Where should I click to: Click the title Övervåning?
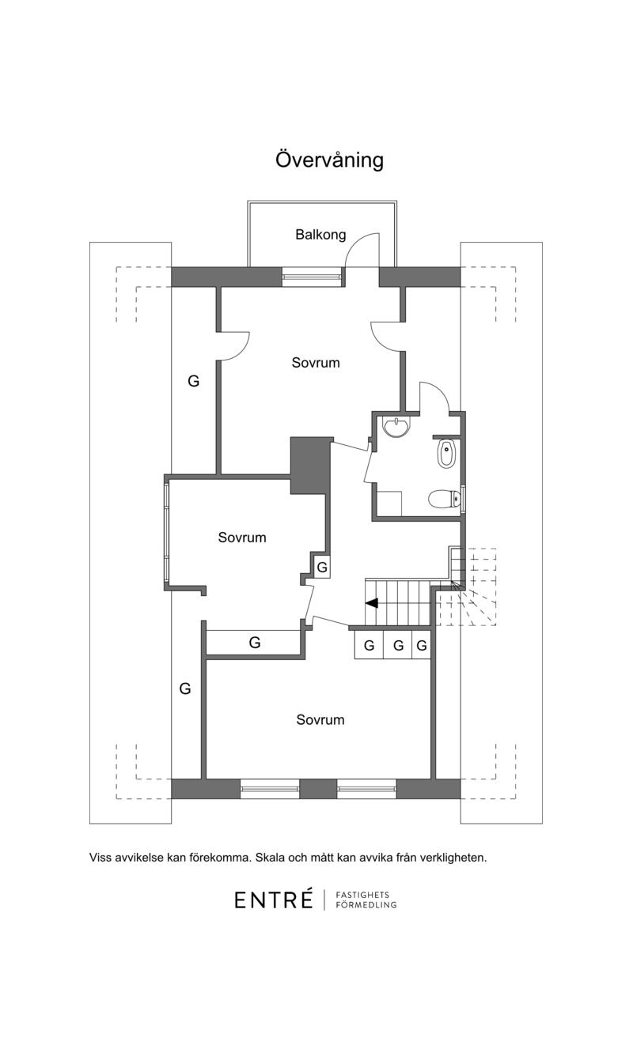tap(329, 160)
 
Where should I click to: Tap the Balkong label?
tap(320, 234)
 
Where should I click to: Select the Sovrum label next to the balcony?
tap(316, 363)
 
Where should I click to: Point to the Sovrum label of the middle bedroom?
tap(241, 537)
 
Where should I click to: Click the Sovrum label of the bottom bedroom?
tap(320, 719)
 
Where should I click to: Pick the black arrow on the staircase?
tap(372, 603)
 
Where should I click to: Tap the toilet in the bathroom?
tap(445, 498)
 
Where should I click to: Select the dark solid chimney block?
tap(310, 466)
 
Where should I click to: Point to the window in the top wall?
tap(312, 277)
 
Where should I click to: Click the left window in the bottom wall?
tap(270, 789)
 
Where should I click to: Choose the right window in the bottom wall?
tap(366, 789)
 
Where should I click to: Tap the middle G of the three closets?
tap(398, 645)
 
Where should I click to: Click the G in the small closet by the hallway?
tap(322, 567)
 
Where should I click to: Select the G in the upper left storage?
tap(193, 381)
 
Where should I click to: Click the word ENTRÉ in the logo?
tap(274, 900)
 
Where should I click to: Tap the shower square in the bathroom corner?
tap(389, 504)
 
